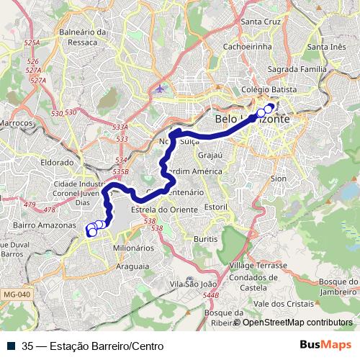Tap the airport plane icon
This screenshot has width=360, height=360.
(159, 89)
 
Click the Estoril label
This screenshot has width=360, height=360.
(215, 207)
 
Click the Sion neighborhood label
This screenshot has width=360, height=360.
(279, 178)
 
